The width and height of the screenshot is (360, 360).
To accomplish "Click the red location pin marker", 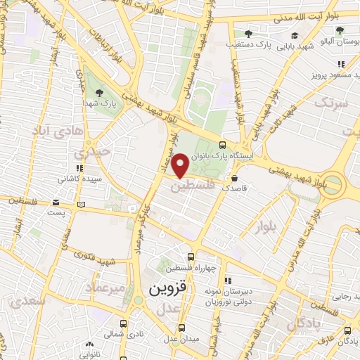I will click(x=181, y=166).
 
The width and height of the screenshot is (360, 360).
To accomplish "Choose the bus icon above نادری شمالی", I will click(x=123, y=324).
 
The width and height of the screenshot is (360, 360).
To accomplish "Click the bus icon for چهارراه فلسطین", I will click(x=191, y=257).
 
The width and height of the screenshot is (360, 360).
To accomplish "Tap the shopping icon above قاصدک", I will click(x=234, y=179).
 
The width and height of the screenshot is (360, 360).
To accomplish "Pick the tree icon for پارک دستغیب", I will click(x=247, y=33).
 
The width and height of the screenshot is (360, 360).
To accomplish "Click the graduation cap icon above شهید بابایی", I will click(x=294, y=35).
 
